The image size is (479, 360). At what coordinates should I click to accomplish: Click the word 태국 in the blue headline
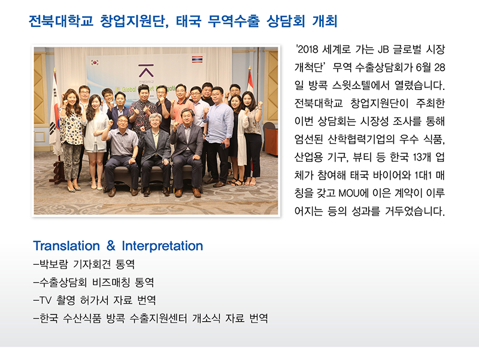[x=189, y=21]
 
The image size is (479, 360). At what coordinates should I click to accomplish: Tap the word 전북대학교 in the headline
[x=61, y=21]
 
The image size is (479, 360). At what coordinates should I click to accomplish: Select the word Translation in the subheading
[x=66, y=246]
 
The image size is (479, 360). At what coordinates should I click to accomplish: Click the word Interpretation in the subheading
[x=162, y=246]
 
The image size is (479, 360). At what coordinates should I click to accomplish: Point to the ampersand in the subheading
[x=111, y=246]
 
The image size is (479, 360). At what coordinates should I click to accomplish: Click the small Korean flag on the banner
[x=95, y=63]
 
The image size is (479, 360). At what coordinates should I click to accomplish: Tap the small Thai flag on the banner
[x=197, y=59]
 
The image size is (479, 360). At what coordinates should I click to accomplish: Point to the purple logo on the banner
[x=146, y=71]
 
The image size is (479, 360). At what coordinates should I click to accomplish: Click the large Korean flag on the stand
[x=55, y=119]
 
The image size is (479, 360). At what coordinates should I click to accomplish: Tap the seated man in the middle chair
[x=155, y=153]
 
